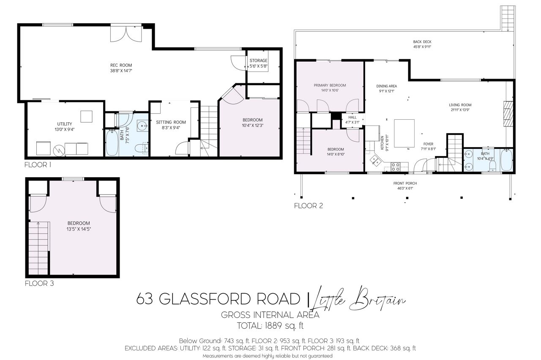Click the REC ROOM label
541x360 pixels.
coord(121,65)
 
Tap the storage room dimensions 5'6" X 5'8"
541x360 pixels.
coord(258,66)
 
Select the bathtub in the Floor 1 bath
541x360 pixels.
coord(112,143)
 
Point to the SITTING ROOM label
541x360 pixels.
coord(171,122)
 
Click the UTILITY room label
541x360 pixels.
coord(65,124)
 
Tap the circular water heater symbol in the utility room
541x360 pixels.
coord(59,150)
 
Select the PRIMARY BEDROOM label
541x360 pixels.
coord(330,85)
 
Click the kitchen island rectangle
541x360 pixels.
coord(404,133)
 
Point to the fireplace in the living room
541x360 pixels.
coord(508,114)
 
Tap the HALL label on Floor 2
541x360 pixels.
coord(352,117)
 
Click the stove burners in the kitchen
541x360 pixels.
coord(395,167)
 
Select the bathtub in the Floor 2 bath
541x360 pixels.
coord(506,160)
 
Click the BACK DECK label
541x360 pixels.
coord(422,42)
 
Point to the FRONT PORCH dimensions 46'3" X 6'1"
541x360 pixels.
coord(405,188)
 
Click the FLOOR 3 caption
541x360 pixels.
coord(39,283)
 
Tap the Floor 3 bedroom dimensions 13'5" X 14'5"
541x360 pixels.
coord(79,229)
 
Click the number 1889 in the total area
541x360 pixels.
coord(273,326)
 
